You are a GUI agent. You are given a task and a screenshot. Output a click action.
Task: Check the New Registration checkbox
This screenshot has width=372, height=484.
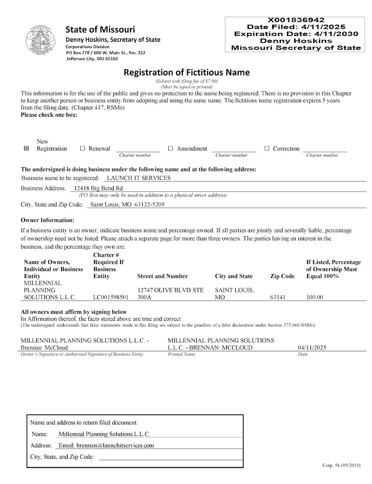pos(27,148)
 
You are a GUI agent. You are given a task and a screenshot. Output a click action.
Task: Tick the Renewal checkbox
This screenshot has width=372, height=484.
pos(83,148)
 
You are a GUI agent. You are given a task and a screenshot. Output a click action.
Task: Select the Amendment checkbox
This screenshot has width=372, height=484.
pos(171,148)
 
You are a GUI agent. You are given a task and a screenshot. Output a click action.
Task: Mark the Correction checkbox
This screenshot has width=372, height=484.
pos(267,148)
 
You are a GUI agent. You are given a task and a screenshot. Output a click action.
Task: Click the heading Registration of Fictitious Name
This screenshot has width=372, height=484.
pos(186,72)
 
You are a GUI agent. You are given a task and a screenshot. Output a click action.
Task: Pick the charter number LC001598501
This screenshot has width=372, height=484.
pos(111,298)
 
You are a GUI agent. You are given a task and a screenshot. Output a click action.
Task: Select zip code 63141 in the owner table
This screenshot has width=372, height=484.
pos(278,298)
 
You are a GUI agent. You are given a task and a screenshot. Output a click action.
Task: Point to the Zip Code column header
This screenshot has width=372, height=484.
pos(282,277)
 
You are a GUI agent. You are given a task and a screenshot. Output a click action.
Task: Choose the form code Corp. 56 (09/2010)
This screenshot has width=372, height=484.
pos(341,465)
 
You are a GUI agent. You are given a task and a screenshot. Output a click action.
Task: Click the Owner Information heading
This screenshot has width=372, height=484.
pos(47,220)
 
